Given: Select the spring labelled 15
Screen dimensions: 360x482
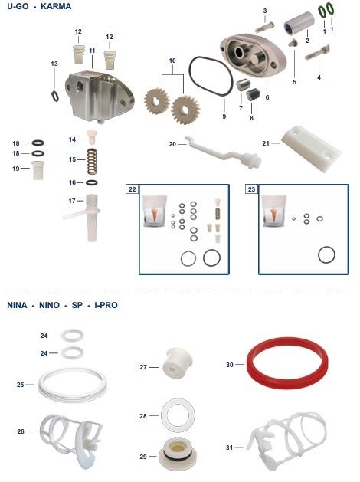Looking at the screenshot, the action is pyautogui.click(x=92, y=162).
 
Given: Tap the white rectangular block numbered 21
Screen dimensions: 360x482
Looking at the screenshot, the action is pyautogui.click(x=311, y=149).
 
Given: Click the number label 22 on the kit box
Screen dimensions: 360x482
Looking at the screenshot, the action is pyautogui.click(x=132, y=189).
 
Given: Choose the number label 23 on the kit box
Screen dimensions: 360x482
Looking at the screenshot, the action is pyautogui.click(x=251, y=189).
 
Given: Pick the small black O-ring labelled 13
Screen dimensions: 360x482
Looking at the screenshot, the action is pyautogui.click(x=53, y=96).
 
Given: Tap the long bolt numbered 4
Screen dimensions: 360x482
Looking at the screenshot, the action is pyautogui.click(x=318, y=53).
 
